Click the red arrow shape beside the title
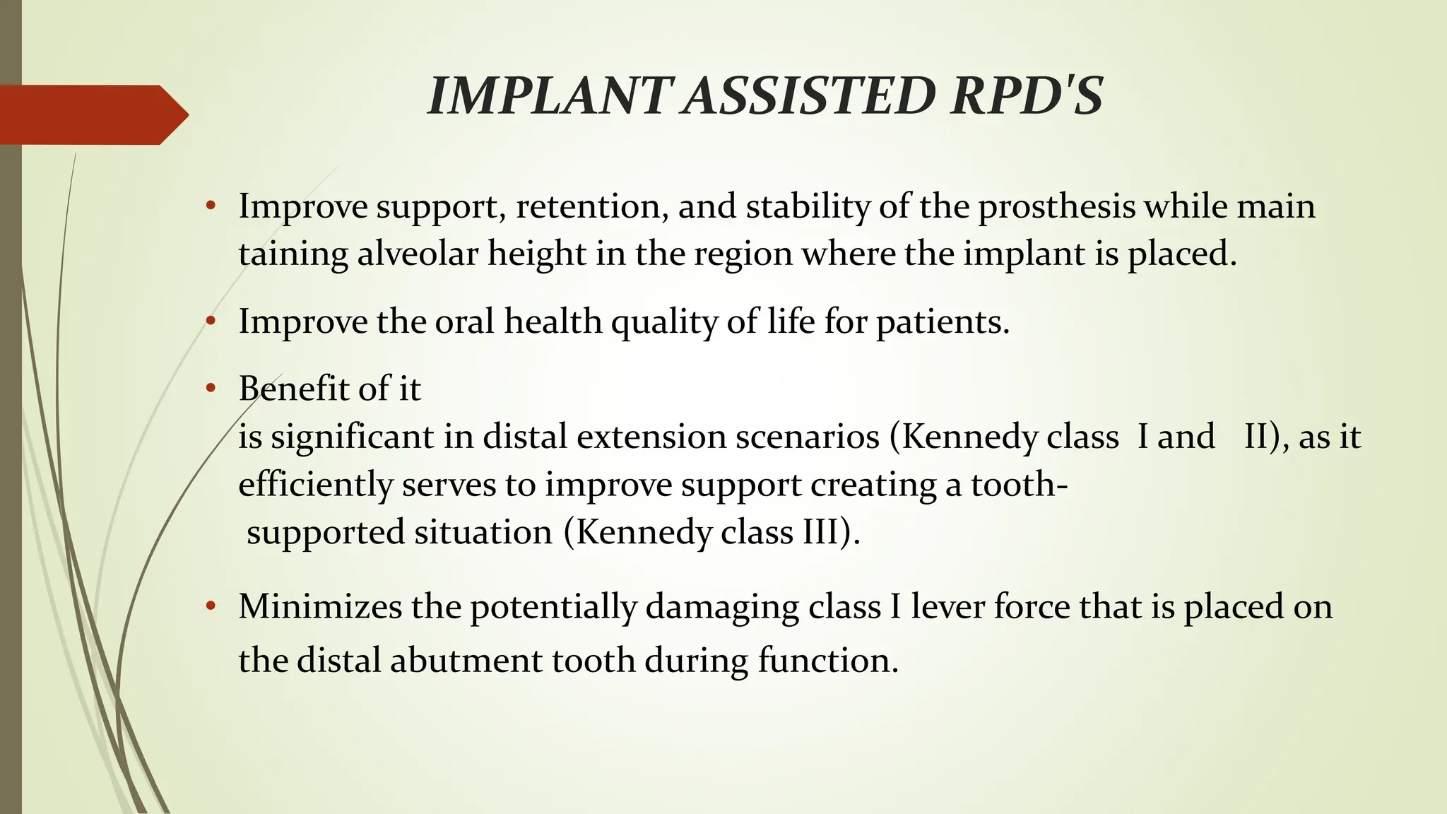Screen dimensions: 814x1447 [x=92, y=114]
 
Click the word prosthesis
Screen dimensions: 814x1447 [x=1056, y=207]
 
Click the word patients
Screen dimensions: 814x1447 [x=943, y=322]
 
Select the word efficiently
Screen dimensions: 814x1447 [x=315, y=485]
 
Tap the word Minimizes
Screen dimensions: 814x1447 [x=319, y=607]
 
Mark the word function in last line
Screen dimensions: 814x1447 [x=827, y=661]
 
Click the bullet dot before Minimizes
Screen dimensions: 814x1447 [x=210, y=606]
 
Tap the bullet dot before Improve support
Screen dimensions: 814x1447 [x=210, y=206]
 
